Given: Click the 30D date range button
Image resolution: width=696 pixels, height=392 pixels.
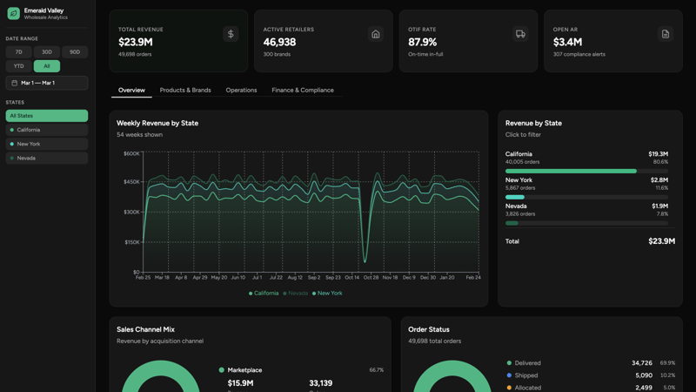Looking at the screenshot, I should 47,52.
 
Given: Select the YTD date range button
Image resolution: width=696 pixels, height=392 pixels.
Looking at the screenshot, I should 18,66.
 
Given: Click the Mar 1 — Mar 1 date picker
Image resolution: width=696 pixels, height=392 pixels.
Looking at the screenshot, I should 47,83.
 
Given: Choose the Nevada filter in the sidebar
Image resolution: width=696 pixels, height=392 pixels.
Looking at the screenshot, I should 47,159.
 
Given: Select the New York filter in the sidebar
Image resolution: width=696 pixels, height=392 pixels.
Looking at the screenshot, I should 47,144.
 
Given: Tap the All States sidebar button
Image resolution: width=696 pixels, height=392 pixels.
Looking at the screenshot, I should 47,116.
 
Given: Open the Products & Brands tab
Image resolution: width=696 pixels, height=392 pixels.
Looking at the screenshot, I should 185,91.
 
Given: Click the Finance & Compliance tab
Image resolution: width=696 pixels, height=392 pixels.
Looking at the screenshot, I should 302,91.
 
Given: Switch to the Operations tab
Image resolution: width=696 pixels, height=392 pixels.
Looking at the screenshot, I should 241,91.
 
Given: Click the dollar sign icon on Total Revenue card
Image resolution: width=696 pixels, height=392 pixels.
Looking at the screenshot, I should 231,34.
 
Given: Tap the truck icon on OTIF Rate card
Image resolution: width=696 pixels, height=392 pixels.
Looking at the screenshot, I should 520,34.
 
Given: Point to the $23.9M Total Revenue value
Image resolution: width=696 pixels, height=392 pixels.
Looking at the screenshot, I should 136,42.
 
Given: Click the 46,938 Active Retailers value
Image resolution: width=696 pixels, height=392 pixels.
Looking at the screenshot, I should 279,42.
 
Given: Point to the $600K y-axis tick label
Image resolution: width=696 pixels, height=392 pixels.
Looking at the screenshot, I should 130,153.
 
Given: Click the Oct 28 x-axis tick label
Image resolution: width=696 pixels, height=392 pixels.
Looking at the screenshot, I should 371,278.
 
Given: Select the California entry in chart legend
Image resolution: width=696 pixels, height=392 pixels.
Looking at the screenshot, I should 264,294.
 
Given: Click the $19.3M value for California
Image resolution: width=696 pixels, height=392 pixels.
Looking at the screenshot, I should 658,154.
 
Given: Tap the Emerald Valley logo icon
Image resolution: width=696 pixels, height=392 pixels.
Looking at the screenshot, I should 13,14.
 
